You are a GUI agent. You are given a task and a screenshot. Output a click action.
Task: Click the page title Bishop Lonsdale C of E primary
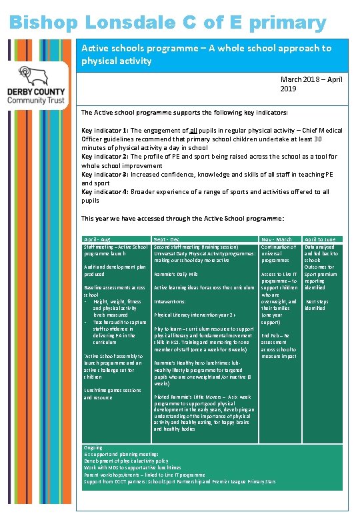tap(168, 22)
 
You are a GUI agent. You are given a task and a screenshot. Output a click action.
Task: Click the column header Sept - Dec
tap(167, 239)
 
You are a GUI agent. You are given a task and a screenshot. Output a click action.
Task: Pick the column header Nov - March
tap(277, 239)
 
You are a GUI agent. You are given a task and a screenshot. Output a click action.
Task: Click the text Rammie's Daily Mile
tap(176, 274)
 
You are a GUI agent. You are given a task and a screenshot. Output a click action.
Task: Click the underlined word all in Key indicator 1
tap(195, 131)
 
